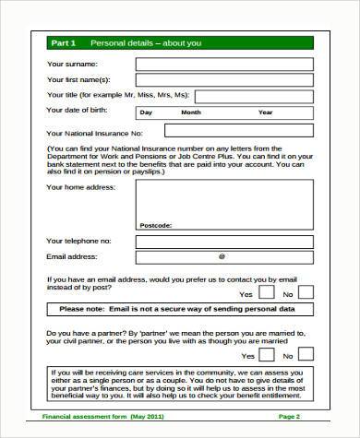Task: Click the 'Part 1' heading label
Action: coord(63,43)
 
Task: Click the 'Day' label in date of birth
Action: coord(146,112)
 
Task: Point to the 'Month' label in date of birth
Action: coord(191,112)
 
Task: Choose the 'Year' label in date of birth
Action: coord(265,112)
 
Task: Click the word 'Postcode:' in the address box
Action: coord(155,225)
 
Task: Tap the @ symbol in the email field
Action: coord(222,256)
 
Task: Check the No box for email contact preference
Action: coord(306,291)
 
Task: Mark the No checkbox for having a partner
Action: coord(306,353)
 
